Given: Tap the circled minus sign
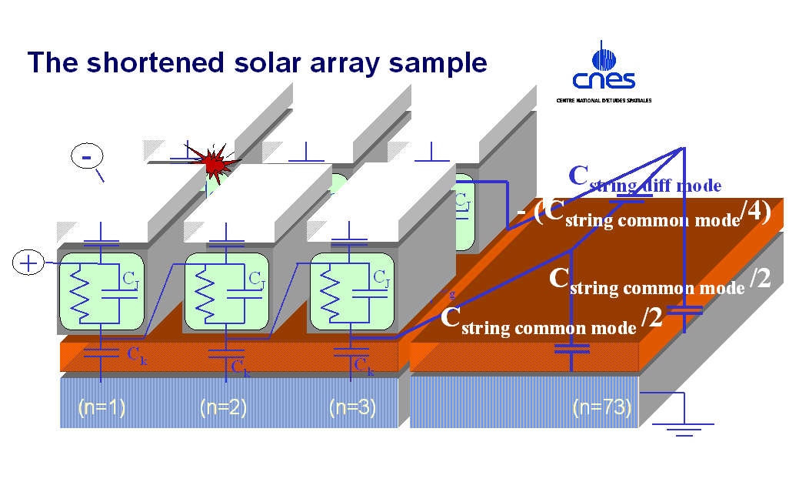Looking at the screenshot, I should click(x=87, y=156).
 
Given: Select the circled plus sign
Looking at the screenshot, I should click(x=28, y=263).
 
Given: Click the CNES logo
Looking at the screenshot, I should click(x=603, y=69).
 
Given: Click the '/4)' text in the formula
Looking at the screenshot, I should click(x=753, y=212).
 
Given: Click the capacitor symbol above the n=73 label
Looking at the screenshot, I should click(x=571, y=350).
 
